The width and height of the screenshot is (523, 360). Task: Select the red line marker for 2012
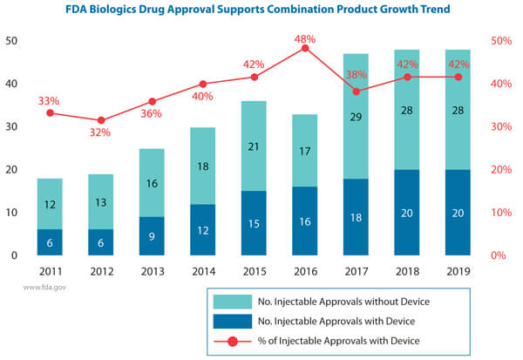tap(101, 120)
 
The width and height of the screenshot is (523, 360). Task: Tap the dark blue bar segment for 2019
tap(458, 212)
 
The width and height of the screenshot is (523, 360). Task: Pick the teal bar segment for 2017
tap(356, 115)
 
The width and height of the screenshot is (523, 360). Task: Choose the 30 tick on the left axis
tap(12, 126)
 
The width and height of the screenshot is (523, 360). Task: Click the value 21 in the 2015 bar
tap(254, 146)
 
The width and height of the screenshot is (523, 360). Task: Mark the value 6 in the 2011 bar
tap(50, 242)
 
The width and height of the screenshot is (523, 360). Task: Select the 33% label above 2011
tap(49, 101)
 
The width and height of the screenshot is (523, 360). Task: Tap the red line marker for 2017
tap(356, 91)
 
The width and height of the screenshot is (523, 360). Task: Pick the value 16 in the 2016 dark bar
tap(304, 221)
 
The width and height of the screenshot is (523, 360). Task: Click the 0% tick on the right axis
tap(500, 255)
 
